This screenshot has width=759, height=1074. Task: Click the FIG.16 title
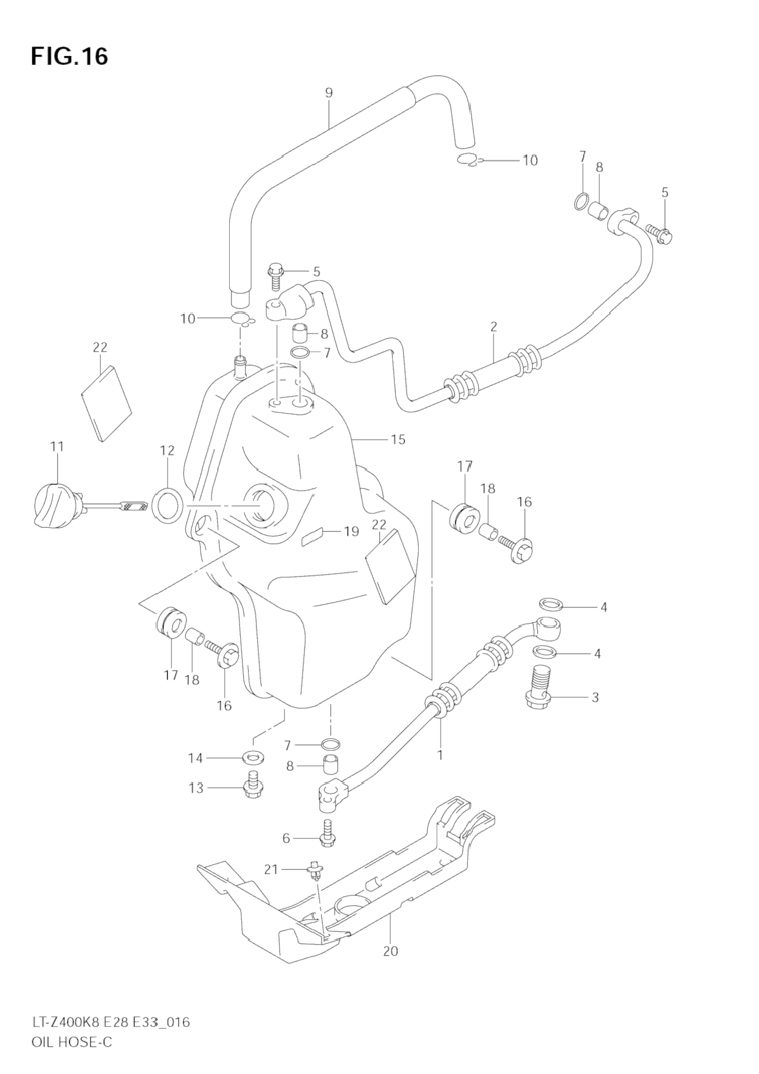coord(69,56)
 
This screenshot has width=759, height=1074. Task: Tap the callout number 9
coord(329,93)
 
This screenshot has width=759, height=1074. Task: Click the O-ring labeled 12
coord(167,504)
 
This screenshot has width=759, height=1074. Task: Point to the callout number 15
coord(398,439)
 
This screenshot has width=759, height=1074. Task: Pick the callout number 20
coord(390,951)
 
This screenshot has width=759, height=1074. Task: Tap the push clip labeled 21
coord(315,871)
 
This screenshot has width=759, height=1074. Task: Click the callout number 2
coord(493,327)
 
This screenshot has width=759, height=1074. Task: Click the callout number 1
coord(440,755)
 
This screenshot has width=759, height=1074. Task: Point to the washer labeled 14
coord(253,758)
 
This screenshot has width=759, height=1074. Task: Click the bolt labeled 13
coord(253,786)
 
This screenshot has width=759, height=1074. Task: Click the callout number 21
coord(270,870)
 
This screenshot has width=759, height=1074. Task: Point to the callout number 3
coord(595,697)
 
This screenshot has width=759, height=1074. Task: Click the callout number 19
coord(351,532)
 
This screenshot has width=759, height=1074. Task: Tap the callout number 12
coord(167,450)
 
